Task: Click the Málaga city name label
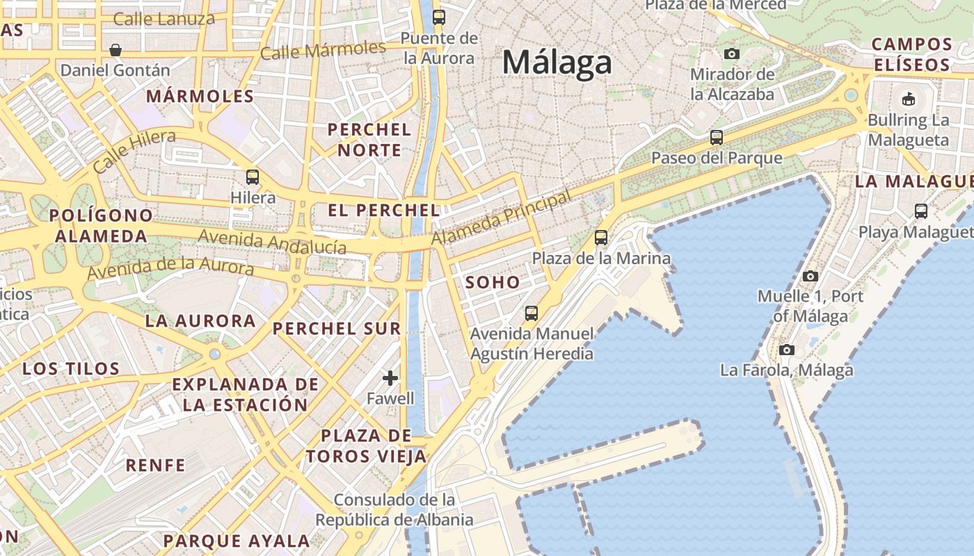point(557,63)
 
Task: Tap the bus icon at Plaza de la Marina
point(601,238)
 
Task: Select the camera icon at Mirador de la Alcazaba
point(732,54)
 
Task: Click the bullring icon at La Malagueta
point(908,99)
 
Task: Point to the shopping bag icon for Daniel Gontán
point(115,50)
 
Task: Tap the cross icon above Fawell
point(390,378)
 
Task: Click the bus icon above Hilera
point(253,177)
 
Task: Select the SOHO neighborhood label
point(493,282)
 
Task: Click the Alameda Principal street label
point(501,218)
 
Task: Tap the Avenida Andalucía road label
point(272,241)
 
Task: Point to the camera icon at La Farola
point(787,350)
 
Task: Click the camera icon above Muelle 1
point(810,276)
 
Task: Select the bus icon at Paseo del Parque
point(717,138)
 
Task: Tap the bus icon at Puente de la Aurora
point(439,17)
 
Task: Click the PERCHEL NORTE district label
point(369,140)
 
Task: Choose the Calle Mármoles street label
point(323,50)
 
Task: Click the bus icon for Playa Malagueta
point(921,211)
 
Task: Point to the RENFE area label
point(155,465)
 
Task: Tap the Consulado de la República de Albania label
point(394,509)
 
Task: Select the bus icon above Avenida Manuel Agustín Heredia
point(532,313)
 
